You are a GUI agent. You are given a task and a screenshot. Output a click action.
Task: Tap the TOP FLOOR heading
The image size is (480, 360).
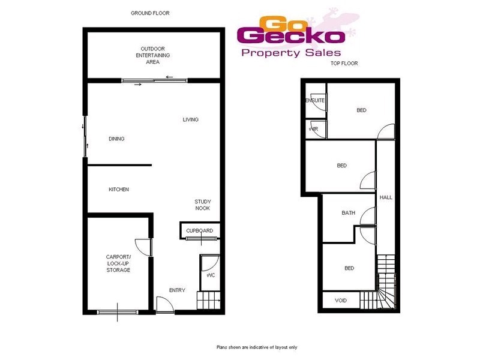[x=344, y=63]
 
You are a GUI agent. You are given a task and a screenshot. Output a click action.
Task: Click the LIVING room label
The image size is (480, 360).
[x=190, y=119]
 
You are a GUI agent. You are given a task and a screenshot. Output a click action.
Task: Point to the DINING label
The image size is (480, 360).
[x=116, y=139]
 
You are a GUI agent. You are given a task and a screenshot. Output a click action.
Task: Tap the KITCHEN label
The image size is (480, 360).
[x=119, y=190]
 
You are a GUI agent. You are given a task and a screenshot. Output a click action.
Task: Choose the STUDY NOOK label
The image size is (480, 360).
[x=203, y=205]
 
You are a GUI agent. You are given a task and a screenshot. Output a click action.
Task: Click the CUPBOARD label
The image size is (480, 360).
[x=199, y=231]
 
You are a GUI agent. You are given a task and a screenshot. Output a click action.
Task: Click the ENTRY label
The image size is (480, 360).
[x=177, y=290]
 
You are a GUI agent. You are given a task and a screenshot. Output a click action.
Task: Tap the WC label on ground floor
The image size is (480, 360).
[x=211, y=275]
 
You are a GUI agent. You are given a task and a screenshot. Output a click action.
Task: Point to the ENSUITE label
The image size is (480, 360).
[x=316, y=101]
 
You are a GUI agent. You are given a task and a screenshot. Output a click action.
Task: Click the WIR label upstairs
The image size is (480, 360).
[x=313, y=129]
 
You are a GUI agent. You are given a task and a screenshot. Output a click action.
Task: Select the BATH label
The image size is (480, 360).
[x=348, y=213]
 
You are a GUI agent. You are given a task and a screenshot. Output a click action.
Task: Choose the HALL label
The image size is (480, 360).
[x=385, y=197]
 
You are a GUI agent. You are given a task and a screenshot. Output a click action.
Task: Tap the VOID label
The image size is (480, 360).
[x=340, y=299]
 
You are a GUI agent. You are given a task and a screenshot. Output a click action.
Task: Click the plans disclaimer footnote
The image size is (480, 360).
[x=257, y=347]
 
